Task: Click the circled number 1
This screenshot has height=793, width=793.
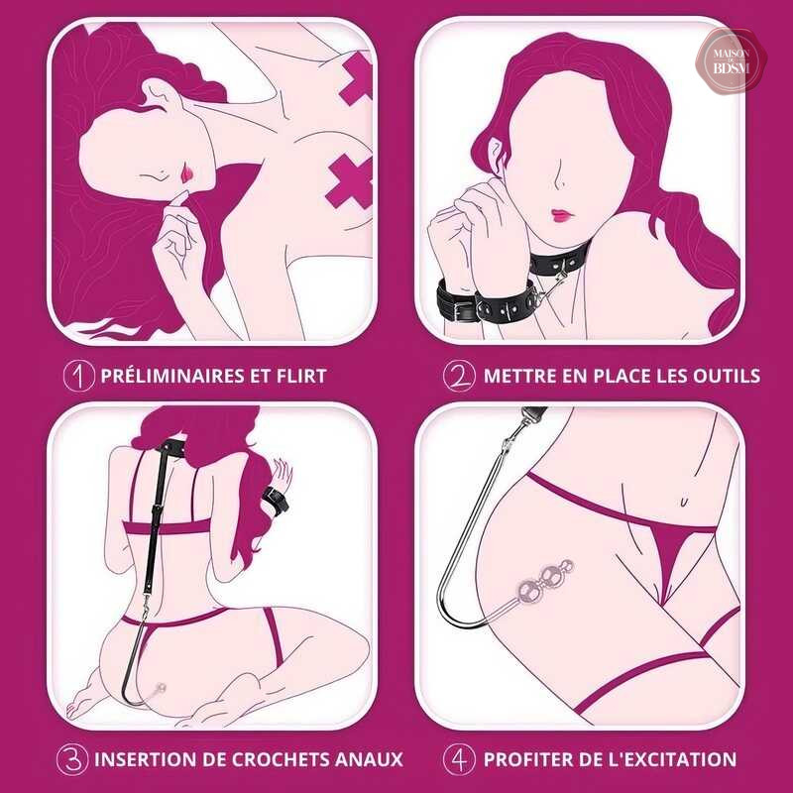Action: (79, 376)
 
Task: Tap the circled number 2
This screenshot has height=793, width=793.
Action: (459, 376)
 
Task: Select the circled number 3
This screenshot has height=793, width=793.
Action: (72, 759)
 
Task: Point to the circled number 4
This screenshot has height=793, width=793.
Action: (459, 759)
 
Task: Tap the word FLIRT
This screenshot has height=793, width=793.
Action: (301, 376)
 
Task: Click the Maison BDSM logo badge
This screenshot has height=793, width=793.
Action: (732, 61)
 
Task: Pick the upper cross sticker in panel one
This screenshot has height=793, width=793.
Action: (356, 77)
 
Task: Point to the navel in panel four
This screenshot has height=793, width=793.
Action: (683, 502)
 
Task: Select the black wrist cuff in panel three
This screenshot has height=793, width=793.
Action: (276, 502)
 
